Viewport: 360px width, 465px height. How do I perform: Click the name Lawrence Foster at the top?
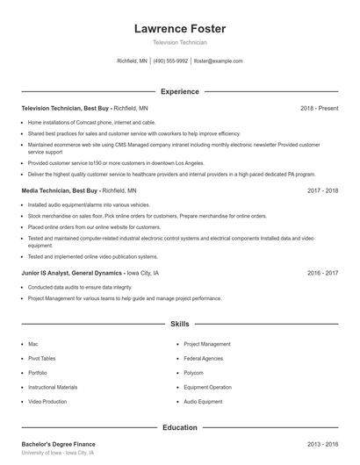[x=180, y=29]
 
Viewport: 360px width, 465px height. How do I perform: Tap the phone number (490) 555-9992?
[x=170, y=61]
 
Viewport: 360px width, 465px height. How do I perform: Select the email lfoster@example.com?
[x=218, y=61]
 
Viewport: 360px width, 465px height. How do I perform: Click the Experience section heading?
[x=180, y=91]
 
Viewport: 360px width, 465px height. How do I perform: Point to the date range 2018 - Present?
[x=320, y=108]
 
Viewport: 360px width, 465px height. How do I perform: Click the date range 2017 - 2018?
[x=323, y=190]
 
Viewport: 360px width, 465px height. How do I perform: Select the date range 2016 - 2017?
[x=323, y=273]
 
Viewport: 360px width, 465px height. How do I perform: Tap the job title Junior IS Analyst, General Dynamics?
[x=73, y=273]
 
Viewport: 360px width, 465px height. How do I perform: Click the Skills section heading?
[x=180, y=324]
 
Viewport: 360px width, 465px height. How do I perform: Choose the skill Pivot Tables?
[x=42, y=358]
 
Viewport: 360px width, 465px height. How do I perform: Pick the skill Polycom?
[x=194, y=372]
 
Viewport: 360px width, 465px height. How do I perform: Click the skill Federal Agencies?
[x=204, y=358]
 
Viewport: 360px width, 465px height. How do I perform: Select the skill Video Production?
[x=47, y=401]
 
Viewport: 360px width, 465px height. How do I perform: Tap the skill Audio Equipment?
[x=203, y=401]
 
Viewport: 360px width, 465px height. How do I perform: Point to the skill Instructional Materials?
[x=53, y=387]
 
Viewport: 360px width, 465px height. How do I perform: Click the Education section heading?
[x=180, y=427]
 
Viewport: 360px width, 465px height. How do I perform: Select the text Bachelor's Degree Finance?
[x=59, y=444]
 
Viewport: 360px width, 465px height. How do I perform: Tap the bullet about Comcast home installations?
[x=91, y=122]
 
